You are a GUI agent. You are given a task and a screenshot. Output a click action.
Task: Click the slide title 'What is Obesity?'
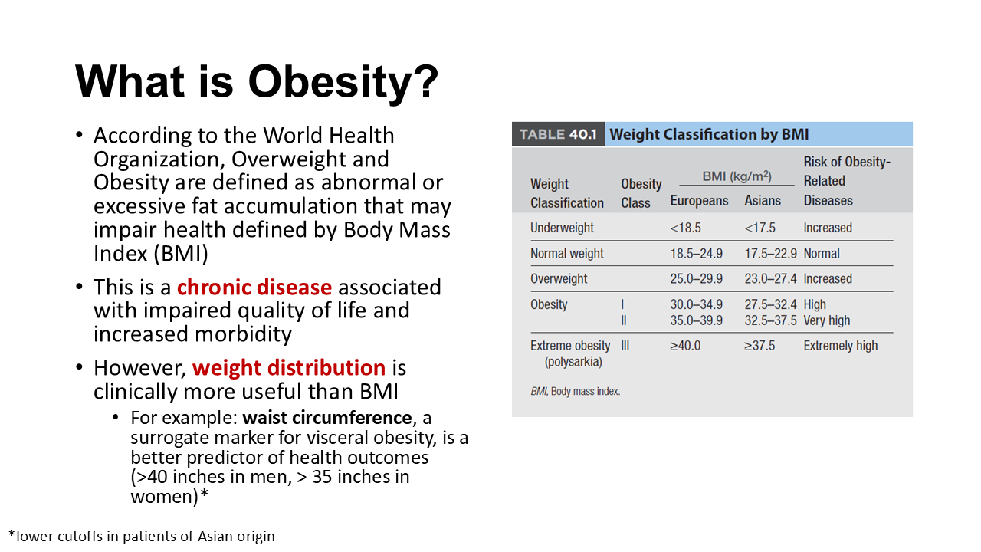257,80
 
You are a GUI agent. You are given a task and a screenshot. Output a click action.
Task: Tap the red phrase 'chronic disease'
254,287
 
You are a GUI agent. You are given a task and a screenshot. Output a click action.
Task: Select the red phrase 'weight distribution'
289,368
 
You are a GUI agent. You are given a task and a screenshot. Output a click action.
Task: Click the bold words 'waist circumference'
327,418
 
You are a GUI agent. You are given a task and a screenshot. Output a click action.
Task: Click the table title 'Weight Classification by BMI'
709,135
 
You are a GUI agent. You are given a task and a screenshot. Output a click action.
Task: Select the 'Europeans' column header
699,201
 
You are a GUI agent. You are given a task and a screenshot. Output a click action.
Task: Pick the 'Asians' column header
763,201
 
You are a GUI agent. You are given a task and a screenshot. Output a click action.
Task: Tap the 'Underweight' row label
562,228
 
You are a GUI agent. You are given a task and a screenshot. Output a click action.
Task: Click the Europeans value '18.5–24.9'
696,254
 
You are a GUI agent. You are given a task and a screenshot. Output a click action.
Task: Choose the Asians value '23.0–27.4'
770,279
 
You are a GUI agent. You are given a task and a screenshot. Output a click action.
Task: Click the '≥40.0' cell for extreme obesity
685,346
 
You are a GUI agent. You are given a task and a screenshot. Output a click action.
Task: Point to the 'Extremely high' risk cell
840,346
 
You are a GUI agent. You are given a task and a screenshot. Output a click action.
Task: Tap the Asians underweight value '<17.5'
760,228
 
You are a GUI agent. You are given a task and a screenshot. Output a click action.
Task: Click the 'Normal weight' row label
567,254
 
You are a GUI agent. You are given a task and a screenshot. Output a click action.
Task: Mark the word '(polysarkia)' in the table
573,361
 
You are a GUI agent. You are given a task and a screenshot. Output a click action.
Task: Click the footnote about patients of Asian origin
141,536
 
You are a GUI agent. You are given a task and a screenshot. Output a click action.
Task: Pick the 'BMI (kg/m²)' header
737,177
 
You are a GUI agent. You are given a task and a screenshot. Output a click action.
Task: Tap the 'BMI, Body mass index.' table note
575,392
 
